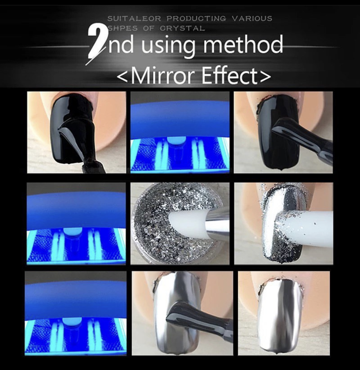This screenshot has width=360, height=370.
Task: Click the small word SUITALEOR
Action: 134,19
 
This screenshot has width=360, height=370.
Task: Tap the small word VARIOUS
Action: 252,19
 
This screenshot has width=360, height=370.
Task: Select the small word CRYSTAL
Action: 182,28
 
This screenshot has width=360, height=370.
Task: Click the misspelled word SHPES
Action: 123,28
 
